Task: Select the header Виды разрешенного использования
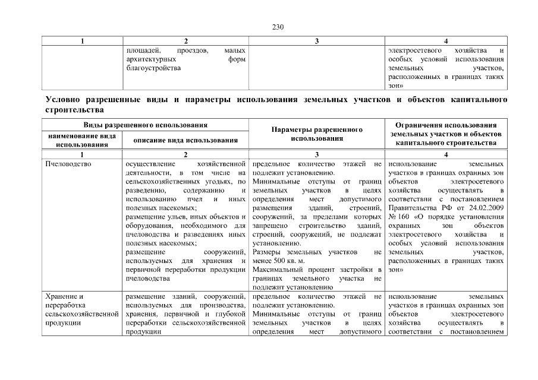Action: coord(145,125)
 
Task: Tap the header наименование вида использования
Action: coord(81,140)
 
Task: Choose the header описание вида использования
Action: coord(185,140)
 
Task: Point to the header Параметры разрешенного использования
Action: coord(317,134)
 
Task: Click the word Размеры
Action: coord(265,252)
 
